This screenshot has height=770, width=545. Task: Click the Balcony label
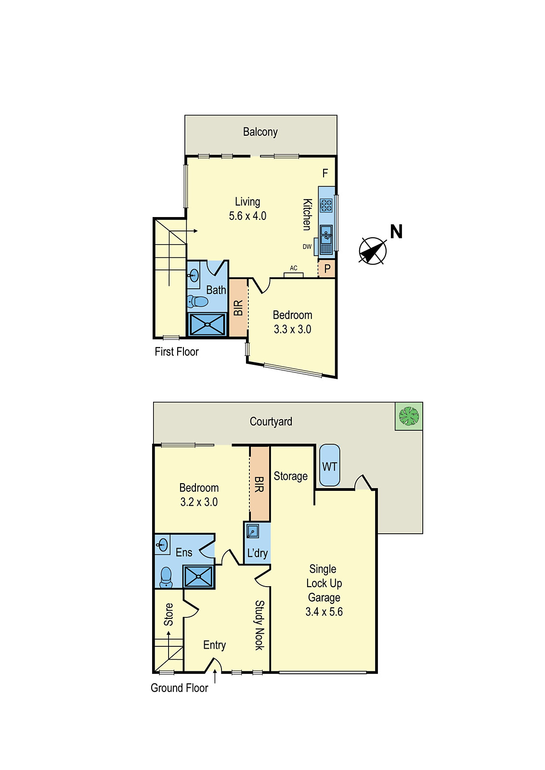pyautogui.click(x=260, y=132)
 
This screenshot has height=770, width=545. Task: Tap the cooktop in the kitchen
pyautogui.click(x=326, y=205)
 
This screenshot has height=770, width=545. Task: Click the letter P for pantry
pyautogui.click(x=327, y=269)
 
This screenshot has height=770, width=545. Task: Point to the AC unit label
pyautogui.click(x=294, y=269)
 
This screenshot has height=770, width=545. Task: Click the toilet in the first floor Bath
pyautogui.click(x=198, y=302)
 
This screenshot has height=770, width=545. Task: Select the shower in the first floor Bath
pyautogui.click(x=208, y=325)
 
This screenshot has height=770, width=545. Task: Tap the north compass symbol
pyautogui.click(x=373, y=251)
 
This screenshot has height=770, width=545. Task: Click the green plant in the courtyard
pyautogui.click(x=409, y=416)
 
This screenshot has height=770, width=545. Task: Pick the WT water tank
pyautogui.click(x=330, y=466)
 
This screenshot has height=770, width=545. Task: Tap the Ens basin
pyautogui.click(x=163, y=545)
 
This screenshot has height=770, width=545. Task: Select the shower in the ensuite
pyautogui.click(x=198, y=577)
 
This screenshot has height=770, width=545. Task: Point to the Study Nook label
pyautogui.click(x=260, y=625)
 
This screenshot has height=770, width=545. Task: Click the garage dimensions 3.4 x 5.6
pyautogui.click(x=324, y=612)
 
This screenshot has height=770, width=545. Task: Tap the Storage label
pyautogui.click(x=290, y=476)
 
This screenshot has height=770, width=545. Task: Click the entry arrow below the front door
pyautogui.click(x=215, y=678)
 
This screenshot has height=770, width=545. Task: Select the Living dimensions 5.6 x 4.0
pyautogui.click(x=247, y=216)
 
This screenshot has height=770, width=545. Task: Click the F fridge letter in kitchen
pyautogui.click(x=325, y=173)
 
